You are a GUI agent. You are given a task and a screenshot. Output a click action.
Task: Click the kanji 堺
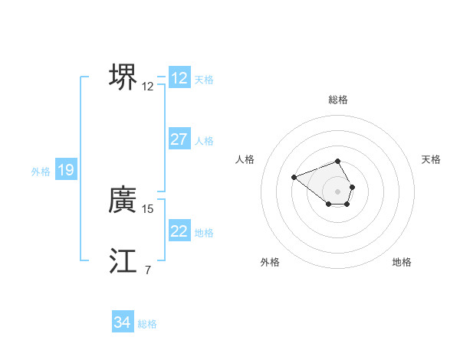coord(123,77)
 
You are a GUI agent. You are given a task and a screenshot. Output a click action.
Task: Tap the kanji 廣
coord(123,201)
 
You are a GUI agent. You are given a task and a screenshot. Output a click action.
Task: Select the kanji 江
coord(123,260)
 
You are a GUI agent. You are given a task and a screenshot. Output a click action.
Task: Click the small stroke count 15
coord(148,208)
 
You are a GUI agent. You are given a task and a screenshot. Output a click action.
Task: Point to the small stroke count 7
coord(148,269)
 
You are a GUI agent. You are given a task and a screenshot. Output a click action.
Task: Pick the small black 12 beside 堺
coord(148,87)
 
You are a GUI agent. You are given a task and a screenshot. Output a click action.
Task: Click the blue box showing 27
coord(179,139)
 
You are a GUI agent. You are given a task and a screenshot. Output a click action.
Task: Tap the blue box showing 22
coord(179,231)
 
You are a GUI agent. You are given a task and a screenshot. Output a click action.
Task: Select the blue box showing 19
coord(66,171)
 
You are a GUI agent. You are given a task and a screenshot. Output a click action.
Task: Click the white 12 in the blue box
coord(179,78)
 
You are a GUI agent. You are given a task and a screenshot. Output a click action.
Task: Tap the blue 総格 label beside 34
coord(147,324)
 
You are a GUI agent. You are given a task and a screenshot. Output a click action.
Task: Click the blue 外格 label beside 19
coord(41,172)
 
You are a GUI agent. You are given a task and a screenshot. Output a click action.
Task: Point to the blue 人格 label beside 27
coord(205,141)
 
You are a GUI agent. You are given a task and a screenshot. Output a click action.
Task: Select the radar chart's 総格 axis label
coord(338,100)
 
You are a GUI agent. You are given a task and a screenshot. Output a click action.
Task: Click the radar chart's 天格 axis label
coord(432,159)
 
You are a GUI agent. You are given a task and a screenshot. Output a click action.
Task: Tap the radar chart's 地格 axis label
coord(402,262)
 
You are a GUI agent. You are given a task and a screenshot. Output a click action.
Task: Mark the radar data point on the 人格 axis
coord(294,178)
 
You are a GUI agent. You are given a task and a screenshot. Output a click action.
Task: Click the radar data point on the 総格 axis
coord(338,161)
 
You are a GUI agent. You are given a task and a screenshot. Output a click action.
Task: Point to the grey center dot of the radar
coord(338,191)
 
